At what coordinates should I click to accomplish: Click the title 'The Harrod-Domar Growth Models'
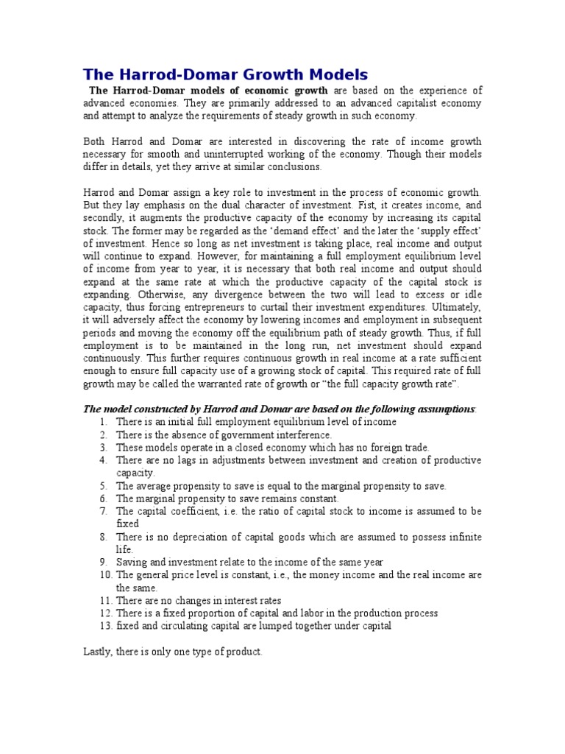click(225, 74)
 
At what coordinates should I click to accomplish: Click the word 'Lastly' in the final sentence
click(98, 652)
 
